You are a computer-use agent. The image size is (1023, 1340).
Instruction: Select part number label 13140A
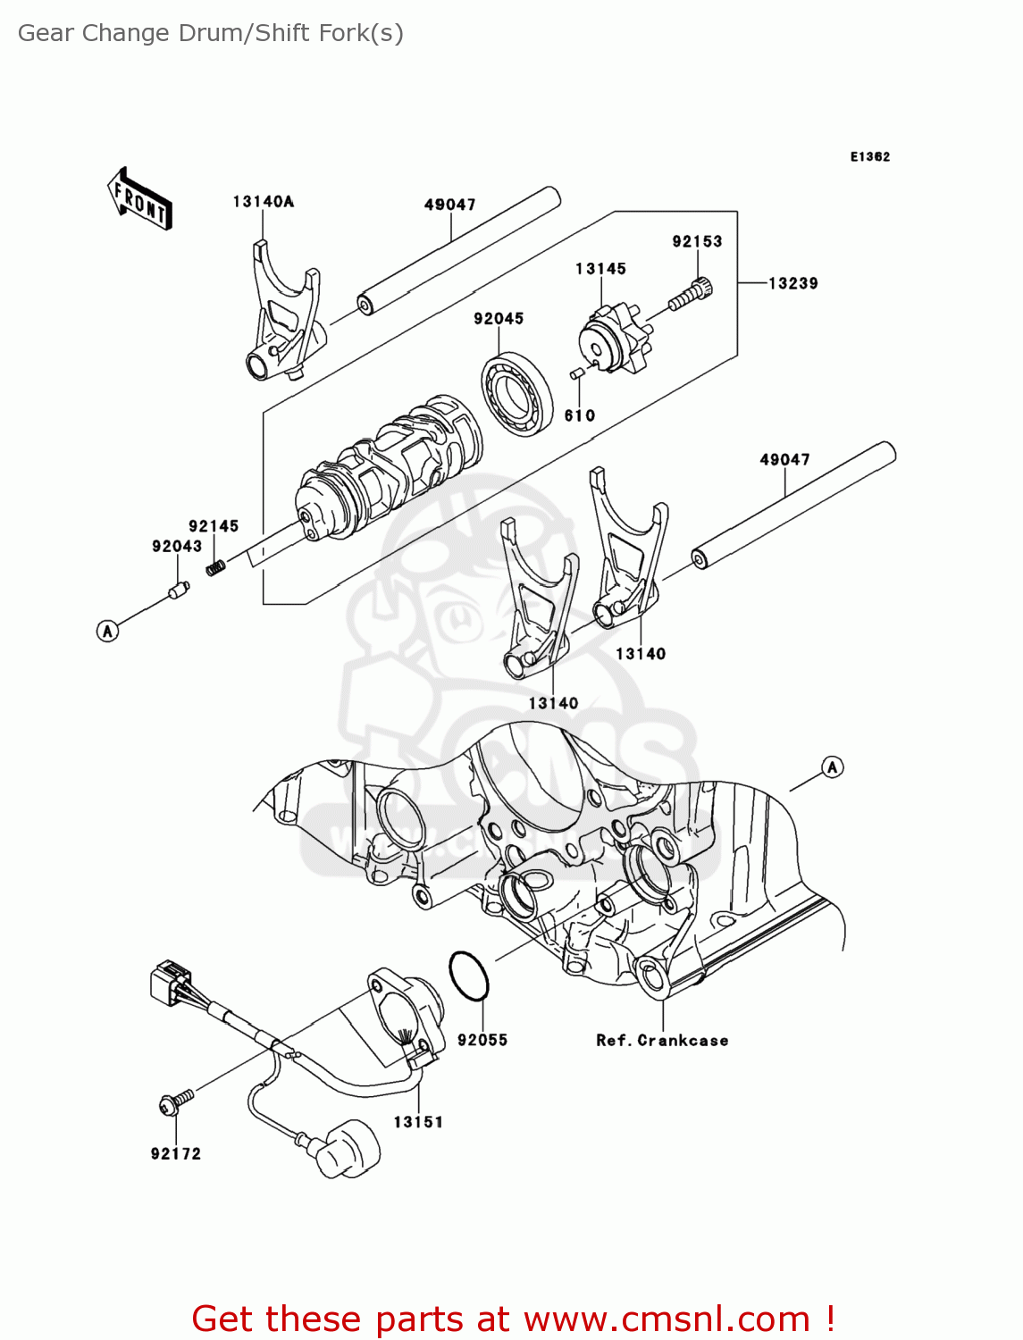[263, 202]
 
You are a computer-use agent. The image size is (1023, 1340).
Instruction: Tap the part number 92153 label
[697, 241]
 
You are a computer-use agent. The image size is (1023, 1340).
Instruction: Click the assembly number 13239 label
[792, 283]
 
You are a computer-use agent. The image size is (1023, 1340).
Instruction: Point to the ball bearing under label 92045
[516, 394]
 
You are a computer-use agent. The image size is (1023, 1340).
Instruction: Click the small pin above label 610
[577, 373]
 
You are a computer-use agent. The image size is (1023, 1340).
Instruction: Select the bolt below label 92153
[692, 295]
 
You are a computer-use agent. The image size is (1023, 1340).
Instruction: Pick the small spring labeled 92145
[214, 566]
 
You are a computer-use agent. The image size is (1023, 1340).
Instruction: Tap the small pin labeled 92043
[180, 590]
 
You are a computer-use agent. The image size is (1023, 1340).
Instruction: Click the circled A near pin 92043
[107, 632]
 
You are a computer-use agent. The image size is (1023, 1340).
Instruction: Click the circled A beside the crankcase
[833, 766]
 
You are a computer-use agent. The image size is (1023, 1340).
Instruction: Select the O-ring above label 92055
[469, 976]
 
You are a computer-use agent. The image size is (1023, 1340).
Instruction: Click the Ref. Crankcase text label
[662, 1040]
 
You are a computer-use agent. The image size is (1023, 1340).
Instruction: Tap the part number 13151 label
[418, 1122]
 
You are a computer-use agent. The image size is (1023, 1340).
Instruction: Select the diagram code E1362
[869, 156]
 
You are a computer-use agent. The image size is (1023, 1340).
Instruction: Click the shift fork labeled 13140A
[281, 322]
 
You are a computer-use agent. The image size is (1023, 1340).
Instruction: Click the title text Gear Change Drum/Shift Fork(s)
[211, 33]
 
